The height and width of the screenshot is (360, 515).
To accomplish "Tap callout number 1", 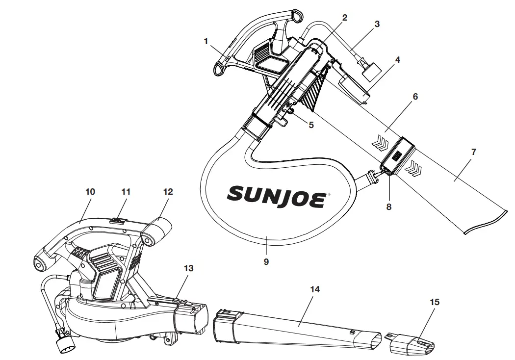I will [x=206, y=41].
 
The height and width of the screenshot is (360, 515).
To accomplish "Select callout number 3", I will [x=377, y=24].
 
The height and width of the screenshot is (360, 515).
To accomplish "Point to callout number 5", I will [x=311, y=125].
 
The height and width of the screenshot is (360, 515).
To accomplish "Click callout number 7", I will [x=473, y=152].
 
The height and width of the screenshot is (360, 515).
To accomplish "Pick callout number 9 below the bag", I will [x=266, y=262].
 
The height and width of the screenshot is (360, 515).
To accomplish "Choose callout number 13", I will [x=189, y=268].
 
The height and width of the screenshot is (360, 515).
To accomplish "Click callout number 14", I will [x=315, y=289].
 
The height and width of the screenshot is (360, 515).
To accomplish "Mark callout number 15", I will [x=435, y=302].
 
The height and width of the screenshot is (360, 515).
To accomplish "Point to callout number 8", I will [x=389, y=207].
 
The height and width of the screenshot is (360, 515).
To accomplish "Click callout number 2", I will [x=344, y=18].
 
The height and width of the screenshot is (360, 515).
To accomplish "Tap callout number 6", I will [x=415, y=97].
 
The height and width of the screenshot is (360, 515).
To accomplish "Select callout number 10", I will [x=90, y=192].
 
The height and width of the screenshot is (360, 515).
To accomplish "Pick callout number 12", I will [x=168, y=192].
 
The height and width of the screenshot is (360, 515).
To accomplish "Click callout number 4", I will [x=397, y=60].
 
